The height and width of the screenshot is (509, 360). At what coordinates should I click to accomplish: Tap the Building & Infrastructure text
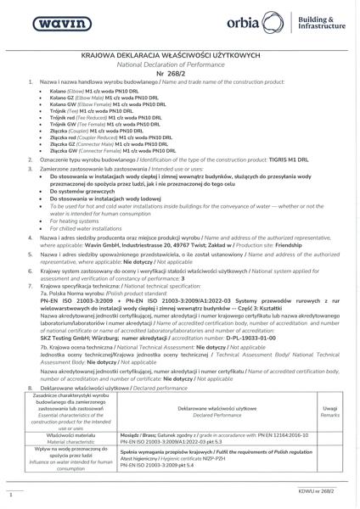323,20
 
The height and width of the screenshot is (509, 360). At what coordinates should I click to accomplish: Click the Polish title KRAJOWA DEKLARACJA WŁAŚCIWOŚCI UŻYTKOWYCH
179,53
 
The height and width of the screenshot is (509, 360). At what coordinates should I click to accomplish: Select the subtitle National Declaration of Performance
179,62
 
